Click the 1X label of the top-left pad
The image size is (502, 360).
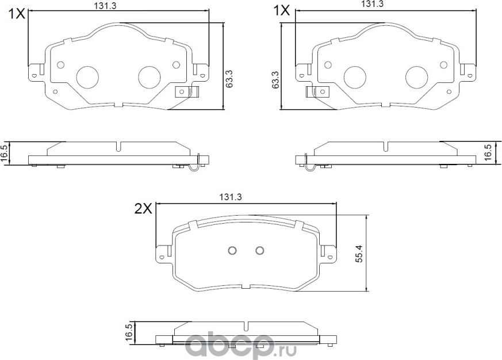point(17,13)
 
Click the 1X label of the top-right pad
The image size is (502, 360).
point(282,11)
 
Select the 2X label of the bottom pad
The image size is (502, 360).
point(143,209)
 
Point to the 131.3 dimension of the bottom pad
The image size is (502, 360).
point(230,197)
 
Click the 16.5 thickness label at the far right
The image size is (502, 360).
point(488,154)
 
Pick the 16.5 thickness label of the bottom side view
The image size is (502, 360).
point(129,333)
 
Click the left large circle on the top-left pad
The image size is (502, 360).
point(88,76)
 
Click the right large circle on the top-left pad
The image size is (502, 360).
point(150,76)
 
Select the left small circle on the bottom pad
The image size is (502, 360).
point(232,250)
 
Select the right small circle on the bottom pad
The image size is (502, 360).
point(259,250)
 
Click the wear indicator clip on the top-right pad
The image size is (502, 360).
point(316,92)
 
